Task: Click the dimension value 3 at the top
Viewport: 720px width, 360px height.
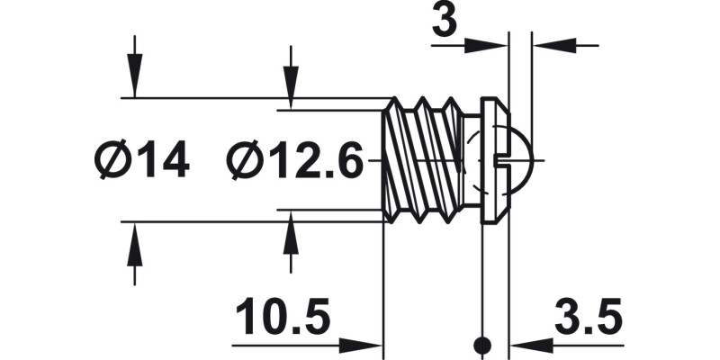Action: click(444, 21)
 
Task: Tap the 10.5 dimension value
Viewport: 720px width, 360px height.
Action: click(283, 319)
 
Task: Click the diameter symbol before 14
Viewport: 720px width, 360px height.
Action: click(114, 162)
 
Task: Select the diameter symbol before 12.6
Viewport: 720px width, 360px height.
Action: click(247, 162)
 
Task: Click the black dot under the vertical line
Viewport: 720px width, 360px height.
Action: click(484, 344)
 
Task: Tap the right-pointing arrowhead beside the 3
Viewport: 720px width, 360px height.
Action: click(495, 45)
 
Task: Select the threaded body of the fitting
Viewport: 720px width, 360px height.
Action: click(423, 160)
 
